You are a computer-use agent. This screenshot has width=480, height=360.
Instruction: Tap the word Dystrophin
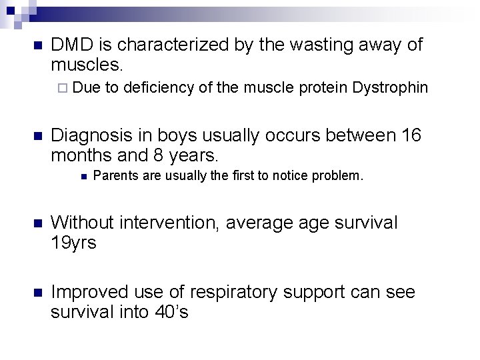pyautogui.click(x=389, y=88)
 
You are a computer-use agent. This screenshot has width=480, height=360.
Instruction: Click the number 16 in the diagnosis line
pyautogui.click(x=412, y=135)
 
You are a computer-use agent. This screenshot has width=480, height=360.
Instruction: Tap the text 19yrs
pyautogui.click(x=73, y=243)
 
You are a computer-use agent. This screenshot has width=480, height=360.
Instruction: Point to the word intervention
pyautogui.click(x=166, y=222)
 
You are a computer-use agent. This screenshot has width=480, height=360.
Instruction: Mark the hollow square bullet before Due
pyautogui.click(x=61, y=88)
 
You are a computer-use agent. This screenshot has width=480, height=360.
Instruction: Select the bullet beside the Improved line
pyautogui.click(x=37, y=293)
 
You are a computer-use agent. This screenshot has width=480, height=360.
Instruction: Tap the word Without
pyautogui.click(x=81, y=222)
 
